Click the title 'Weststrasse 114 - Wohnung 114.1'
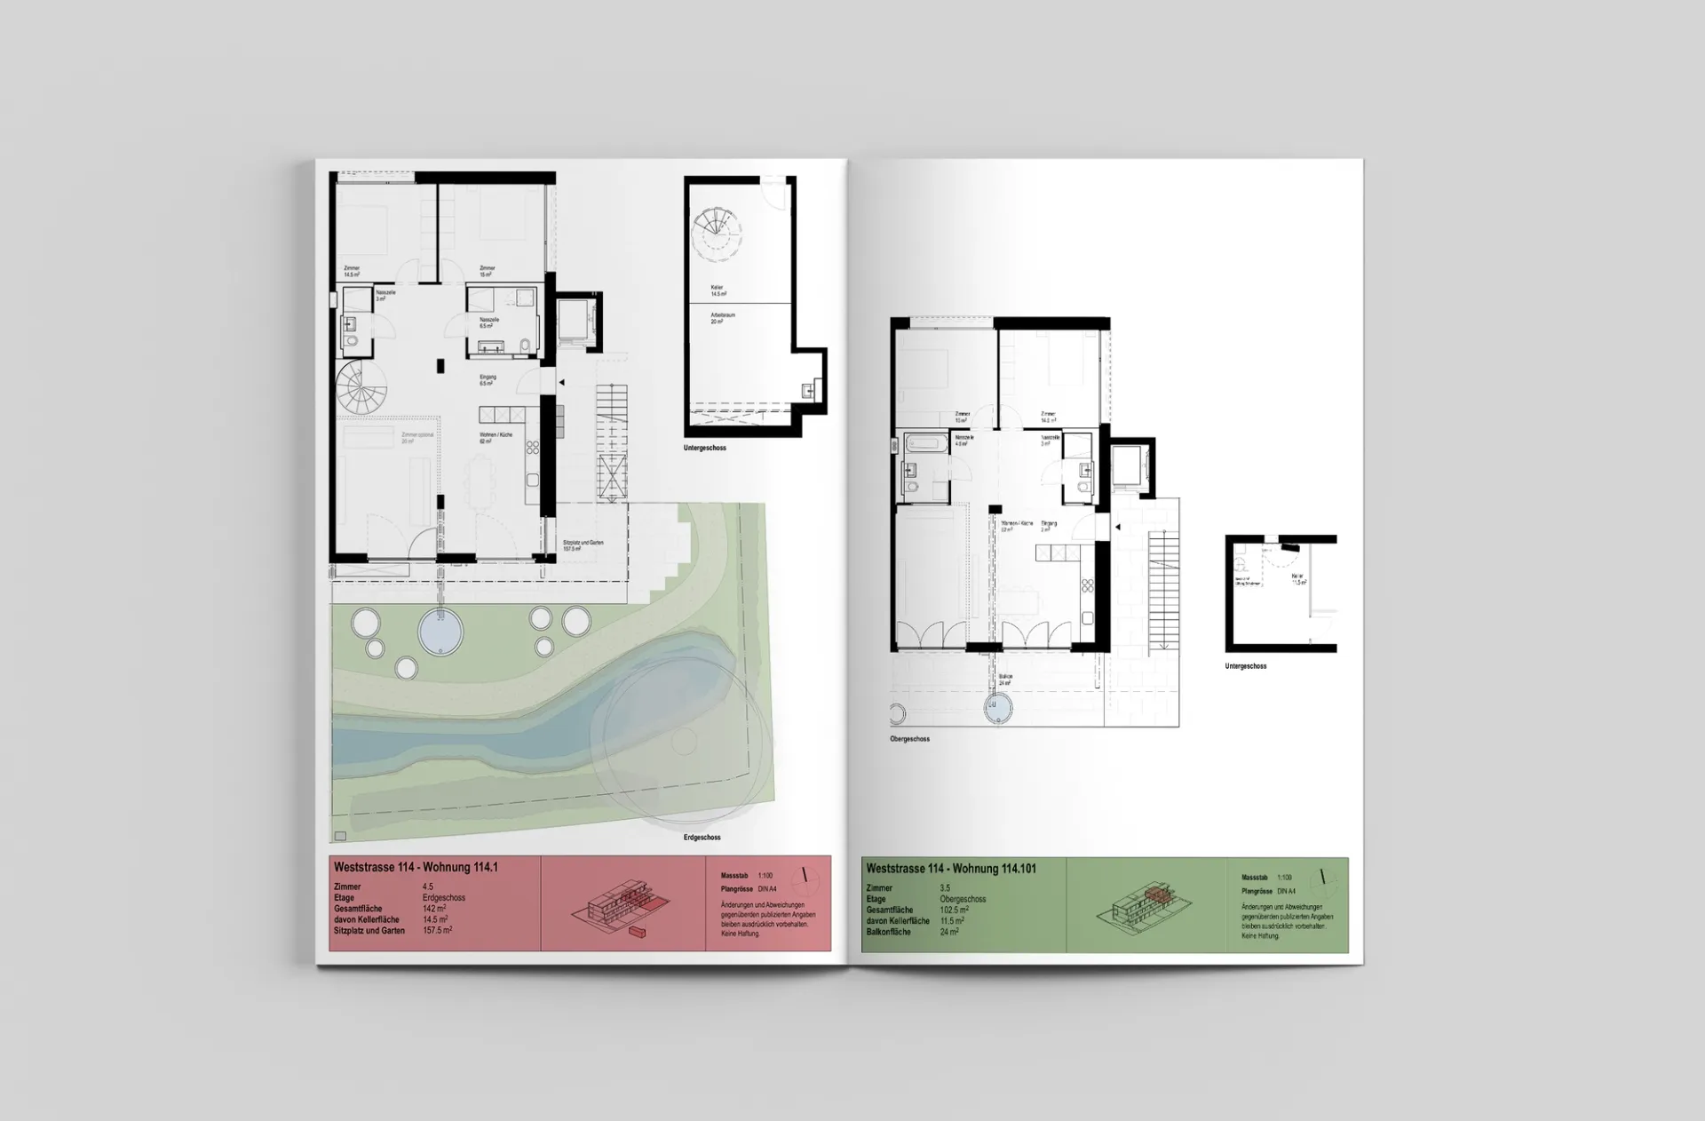point(416,868)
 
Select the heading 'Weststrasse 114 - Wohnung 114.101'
point(951,869)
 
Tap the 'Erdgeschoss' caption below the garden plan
point(702,838)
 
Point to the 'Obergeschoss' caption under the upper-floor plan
point(909,739)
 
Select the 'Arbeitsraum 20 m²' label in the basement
point(722,318)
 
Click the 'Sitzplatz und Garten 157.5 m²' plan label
point(583,545)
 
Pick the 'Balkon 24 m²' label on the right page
point(1005,680)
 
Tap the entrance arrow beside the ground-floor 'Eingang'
point(561,383)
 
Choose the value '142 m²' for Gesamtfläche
point(434,909)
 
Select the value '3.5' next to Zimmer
point(945,888)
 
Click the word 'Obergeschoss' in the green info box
point(963,899)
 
